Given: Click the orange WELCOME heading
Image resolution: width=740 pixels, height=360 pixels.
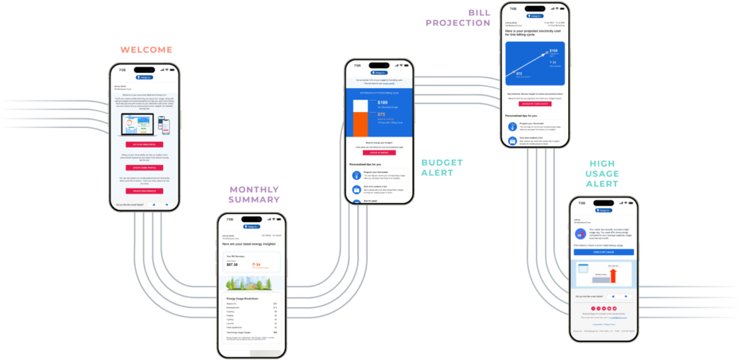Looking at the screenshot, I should [147, 51].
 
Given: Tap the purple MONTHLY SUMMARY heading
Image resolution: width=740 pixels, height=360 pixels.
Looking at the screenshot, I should [254, 194].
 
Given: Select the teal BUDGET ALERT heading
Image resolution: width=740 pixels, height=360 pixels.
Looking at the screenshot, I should [443, 168].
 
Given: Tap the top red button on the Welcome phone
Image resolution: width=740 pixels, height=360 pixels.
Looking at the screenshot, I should [143, 144].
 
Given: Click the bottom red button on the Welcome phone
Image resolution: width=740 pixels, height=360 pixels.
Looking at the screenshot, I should [143, 191].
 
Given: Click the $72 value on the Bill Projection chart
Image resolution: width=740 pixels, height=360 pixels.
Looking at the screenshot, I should [517, 73].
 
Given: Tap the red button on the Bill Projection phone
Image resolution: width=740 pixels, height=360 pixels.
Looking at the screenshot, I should [535, 103].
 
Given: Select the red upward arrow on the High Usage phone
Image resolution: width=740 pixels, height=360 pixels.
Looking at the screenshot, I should [614, 275].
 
